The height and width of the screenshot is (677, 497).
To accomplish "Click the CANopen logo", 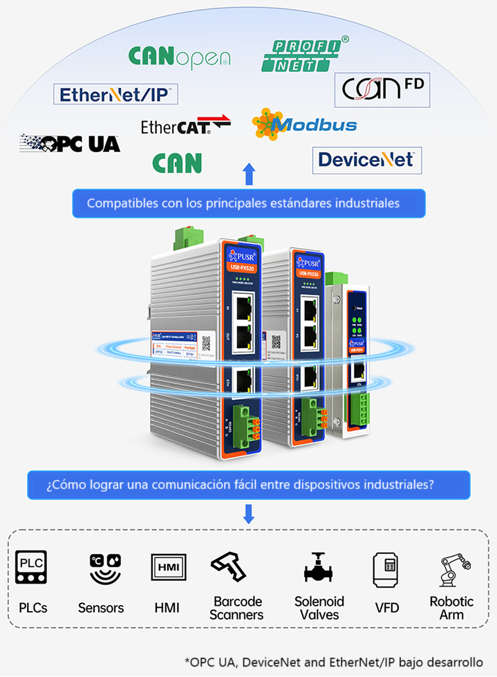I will tap(179, 57).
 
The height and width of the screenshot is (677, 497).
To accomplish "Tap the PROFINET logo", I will tap(302, 55).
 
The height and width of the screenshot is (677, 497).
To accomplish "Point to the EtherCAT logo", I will tap(185, 126).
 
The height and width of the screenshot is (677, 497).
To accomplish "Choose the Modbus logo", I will tap(305, 124).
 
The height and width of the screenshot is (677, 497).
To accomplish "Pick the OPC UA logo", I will tap(70, 143).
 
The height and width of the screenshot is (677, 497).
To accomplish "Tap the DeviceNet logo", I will tap(366, 160).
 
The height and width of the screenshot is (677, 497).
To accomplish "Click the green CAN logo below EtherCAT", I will tap(177, 163).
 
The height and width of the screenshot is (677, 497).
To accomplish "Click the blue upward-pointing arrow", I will tap(249, 174).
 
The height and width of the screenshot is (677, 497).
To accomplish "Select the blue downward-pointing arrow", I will tap(249, 514).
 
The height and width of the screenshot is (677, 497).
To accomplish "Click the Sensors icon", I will tap(101, 568).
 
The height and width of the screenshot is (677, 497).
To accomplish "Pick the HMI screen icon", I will tap(167, 568).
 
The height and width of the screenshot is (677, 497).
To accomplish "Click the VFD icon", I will tap(386, 569).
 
